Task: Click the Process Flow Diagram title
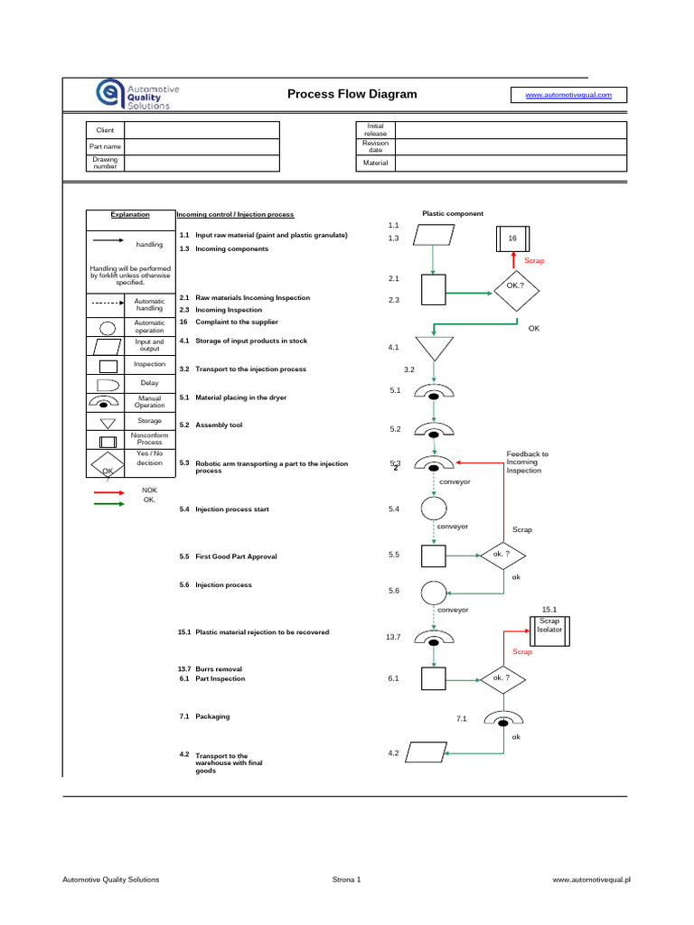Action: (x=352, y=94)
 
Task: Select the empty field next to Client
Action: (x=202, y=130)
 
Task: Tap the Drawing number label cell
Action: (x=106, y=163)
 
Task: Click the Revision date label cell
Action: (x=375, y=146)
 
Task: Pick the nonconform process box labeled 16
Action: (x=512, y=238)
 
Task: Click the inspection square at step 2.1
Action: (x=435, y=291)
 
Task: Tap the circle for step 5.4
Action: (x=435, y=509)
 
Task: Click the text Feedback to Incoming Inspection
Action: (x=527, y=462)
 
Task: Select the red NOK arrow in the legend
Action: (x=109, y=492)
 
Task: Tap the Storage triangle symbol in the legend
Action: (x=108, y=422)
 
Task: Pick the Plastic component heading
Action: (x=453, y=214)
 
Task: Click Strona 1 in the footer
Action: (x=347, y=879)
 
